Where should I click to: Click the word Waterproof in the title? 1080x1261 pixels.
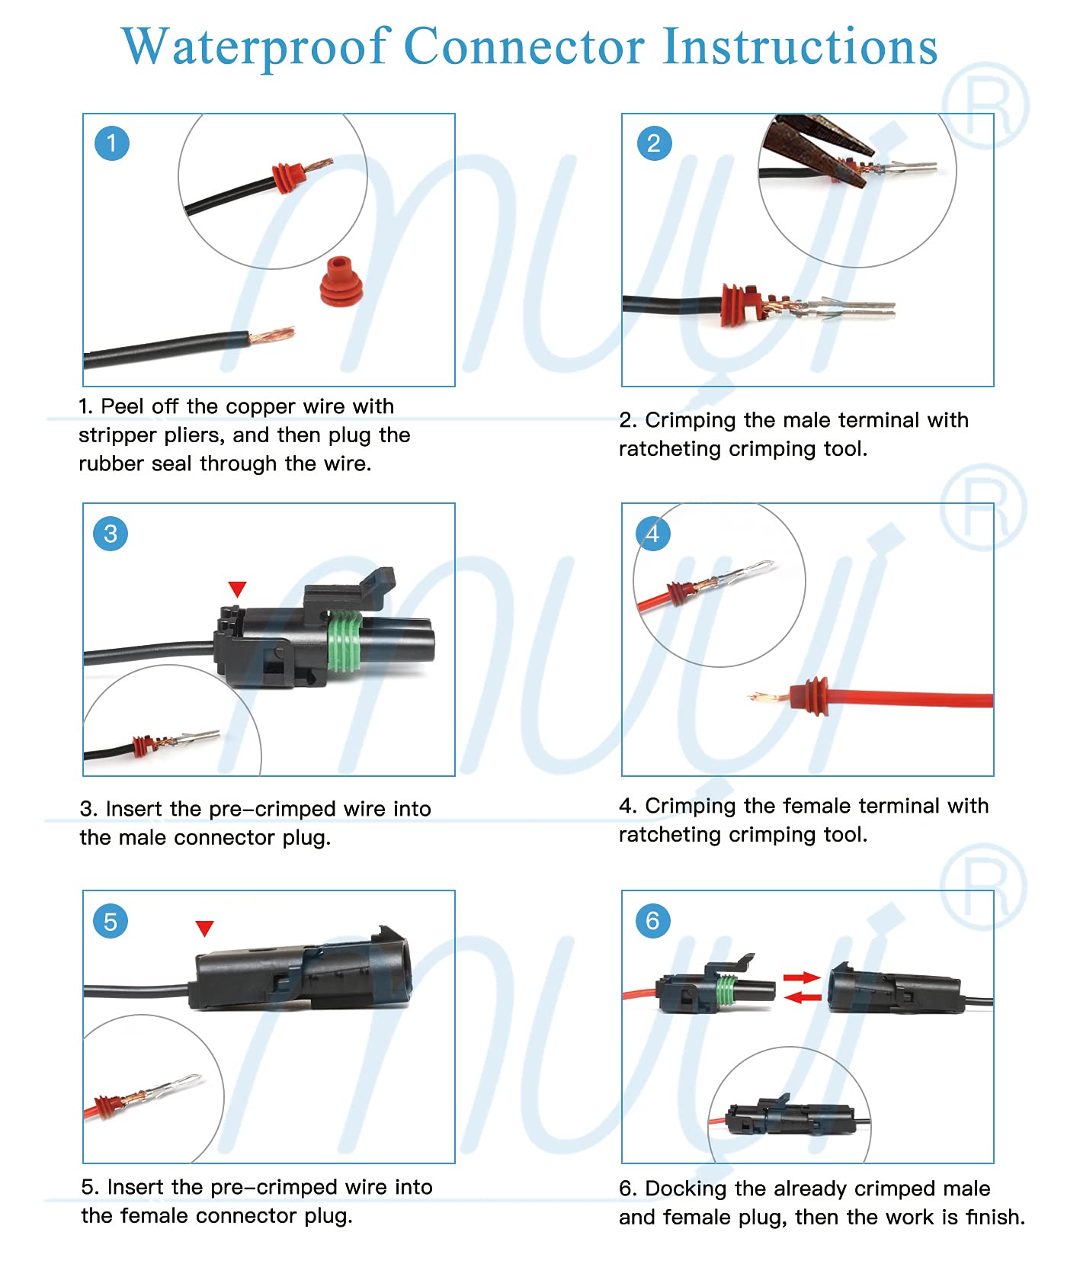(x=256, y=47)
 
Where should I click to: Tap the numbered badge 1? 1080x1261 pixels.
(x=111, y=143)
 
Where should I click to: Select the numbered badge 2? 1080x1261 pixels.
(x=653, y=143)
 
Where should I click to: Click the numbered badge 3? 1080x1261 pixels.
(x=111, y=534)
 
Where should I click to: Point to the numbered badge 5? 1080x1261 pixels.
(x=111, y=921)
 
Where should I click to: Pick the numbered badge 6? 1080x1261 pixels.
(x=652, y=921)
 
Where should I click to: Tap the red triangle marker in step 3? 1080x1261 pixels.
(x=237, y=589)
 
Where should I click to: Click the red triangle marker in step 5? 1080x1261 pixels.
(x=204, y=928)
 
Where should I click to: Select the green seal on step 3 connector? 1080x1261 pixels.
(x=345, y=640)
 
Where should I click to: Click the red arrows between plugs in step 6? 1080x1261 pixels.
(x=802, y=987)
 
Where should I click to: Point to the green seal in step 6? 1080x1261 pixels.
(x=727, y=991)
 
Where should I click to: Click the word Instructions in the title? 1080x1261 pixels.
(x=800, y=47)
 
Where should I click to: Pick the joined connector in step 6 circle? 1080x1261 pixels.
(x=789, y=1118)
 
